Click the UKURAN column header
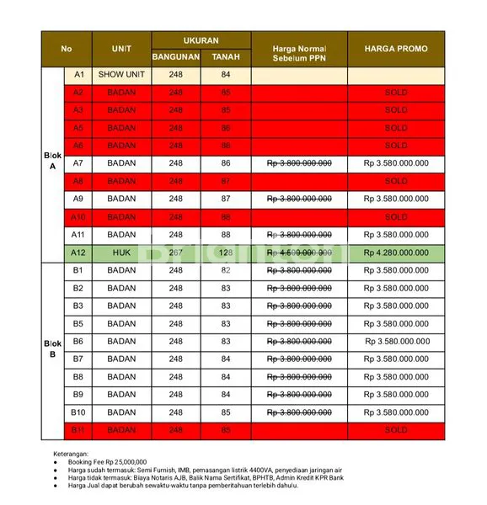201,40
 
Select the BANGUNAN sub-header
175,57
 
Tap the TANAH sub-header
225,57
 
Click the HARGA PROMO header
395,49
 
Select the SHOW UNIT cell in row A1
121,75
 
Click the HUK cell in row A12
121,252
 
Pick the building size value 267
175,252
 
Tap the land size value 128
225,252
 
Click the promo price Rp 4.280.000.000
395,252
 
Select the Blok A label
52,161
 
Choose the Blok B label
52,349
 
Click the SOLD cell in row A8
395,181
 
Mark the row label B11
78,430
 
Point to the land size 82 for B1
225,270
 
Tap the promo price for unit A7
395,163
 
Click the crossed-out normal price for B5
298,324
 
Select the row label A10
78,217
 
